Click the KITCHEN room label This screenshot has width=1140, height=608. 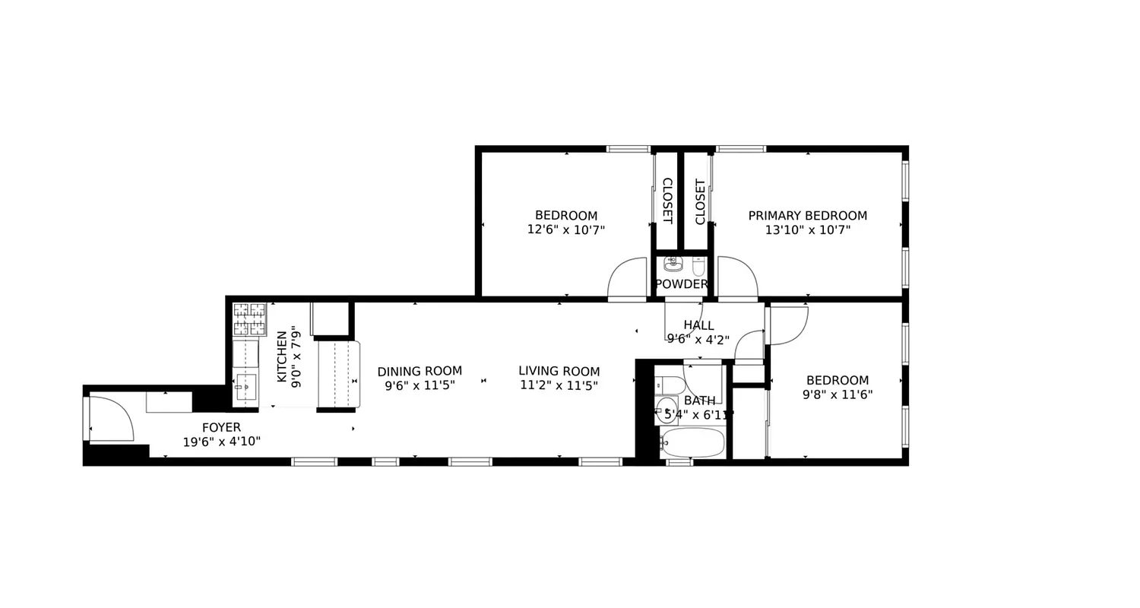coord(282,356)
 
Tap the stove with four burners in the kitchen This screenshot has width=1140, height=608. coord(249,319)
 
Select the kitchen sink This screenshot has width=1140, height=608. coord(245,388)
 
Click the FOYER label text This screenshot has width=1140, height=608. coord(221,428)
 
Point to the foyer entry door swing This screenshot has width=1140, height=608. coord(110,419)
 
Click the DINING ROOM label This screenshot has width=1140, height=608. coord(420,372)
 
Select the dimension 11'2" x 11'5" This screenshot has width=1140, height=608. coord(559,385)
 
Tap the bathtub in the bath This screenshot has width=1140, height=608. coord(692,442)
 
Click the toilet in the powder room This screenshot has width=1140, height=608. coord(698,266)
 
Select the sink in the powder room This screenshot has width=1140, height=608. coord(673,264)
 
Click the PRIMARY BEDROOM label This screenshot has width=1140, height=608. coord(807,216)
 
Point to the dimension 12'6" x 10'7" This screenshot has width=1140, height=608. coord(566,230)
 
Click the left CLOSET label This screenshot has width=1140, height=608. coord(667,201)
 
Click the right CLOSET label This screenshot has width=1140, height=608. coord(700,201)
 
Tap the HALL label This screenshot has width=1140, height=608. coord(698,325)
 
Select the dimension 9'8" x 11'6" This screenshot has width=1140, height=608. coord(837,394)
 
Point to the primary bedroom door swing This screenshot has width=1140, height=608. coord(737,278)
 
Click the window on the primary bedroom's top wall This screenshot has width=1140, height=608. coord(740,149)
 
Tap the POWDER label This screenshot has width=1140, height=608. coord(682,284)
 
